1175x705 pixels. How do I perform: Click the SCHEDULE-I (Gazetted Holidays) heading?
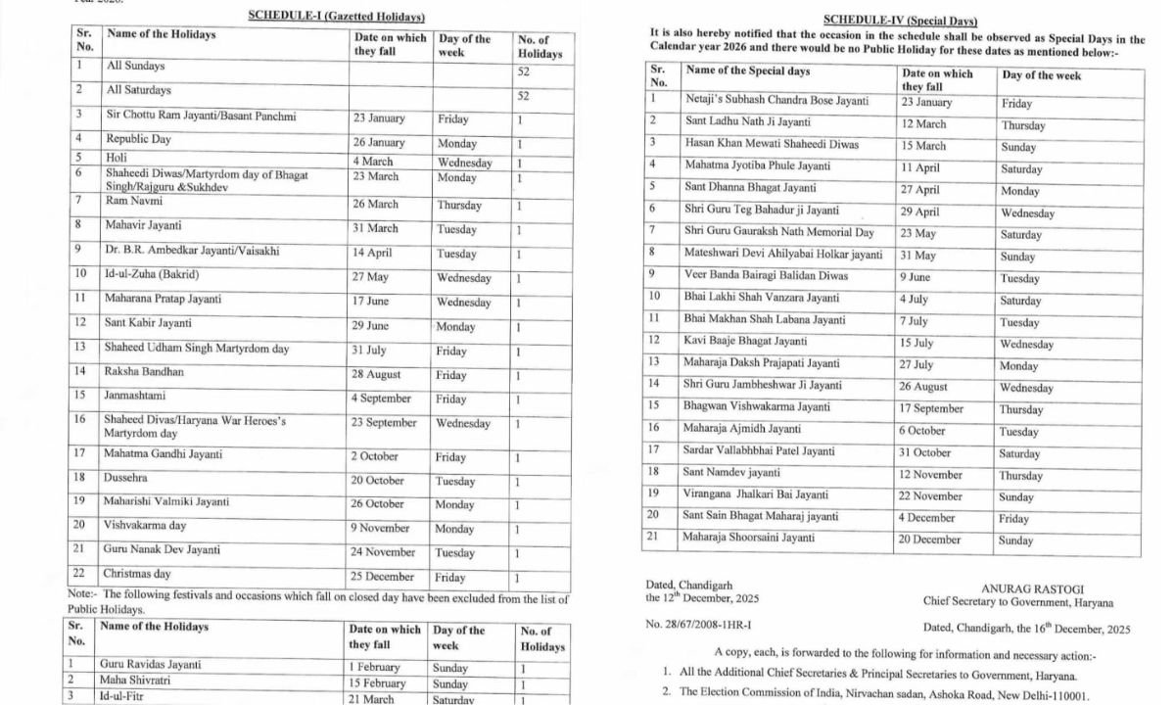[336, 17]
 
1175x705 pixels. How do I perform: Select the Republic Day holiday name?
[139, 139]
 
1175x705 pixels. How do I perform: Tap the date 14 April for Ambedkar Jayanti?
[376, 254]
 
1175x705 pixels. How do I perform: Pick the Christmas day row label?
[137, 574]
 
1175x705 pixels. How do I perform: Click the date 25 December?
[383, 577]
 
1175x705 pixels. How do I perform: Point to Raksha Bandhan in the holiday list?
[144, 372]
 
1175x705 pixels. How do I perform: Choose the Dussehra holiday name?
[128, 478]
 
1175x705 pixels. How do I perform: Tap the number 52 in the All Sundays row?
[523, 74]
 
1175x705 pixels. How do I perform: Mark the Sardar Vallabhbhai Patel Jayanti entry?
[759, 451]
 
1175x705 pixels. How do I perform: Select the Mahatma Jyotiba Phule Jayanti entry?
[753, 165]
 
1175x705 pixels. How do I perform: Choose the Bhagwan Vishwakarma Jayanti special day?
[757, 407]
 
